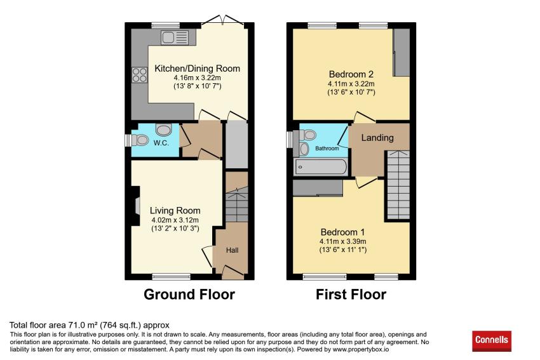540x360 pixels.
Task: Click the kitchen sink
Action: tap(175, 37)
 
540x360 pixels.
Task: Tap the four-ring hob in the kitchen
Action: tap(140, 75)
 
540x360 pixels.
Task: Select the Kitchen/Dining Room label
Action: tap(198, 69)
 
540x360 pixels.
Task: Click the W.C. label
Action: tap(161, 143)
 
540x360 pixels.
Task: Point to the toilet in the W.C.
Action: tap(140, 140)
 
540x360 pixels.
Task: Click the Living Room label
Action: tap(175, 211)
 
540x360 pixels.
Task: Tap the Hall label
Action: tap(232, 250)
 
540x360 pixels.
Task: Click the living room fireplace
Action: tap(135, 206)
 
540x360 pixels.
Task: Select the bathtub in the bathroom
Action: tap(321, 167)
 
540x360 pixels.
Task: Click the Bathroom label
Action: tap(327, 149)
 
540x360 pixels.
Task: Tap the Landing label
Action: tap(377, 138)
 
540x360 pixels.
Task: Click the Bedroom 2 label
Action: tap(351, 74)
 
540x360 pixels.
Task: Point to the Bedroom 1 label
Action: tap(342, 232)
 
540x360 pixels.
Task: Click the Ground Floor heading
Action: tap(189, 295)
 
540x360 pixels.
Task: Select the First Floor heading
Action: tap(351, 295)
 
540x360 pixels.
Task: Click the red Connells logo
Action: tap(492, 341)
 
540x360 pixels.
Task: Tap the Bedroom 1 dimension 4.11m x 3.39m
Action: tap(342, 242)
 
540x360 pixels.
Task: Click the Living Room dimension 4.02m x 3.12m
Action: tap(175, 220)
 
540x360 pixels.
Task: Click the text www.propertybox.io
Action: tap(361, 349)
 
